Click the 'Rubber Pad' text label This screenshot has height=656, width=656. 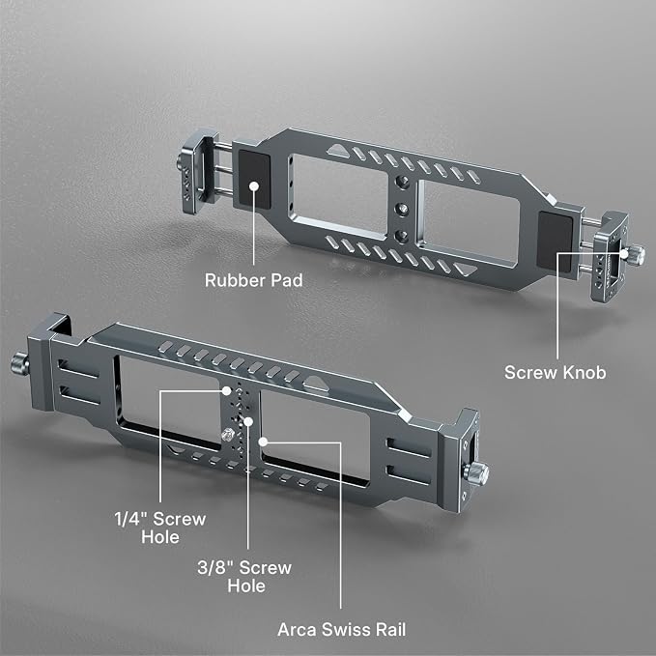[253, 280]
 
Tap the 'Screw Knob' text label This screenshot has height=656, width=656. [555, 372]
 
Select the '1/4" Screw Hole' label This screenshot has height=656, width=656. [160, 528]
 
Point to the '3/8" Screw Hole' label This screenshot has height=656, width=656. [244, 577]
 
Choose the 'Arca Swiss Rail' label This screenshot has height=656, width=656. [341, 630]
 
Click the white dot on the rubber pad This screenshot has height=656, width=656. [253, 185]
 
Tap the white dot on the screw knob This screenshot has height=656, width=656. [624, 253]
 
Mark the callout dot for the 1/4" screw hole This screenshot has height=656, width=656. [226, 390]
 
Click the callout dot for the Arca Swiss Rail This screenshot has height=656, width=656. [263, 442]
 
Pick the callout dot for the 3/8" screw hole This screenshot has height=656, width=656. [248, 421]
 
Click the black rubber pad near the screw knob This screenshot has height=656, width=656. [555, 242]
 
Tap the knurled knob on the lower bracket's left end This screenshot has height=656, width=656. [19, 363]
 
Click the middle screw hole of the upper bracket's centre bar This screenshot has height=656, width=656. [402, 208]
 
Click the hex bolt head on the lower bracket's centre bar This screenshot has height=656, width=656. [228, 435]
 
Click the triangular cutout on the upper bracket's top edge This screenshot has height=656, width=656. [338, 151]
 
